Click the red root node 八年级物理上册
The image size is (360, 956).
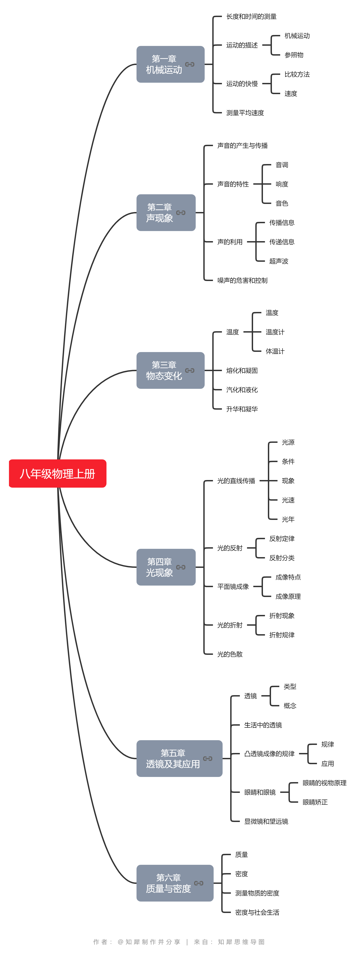(x=58, y=474)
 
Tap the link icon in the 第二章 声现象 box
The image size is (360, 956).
(x=181, y=213)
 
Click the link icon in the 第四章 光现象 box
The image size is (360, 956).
(x=181, y=567)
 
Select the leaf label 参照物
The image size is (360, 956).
(x=294, y=55)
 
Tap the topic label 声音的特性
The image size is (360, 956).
(x=233, y=184)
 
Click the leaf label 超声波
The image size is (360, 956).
(x=279, y=261)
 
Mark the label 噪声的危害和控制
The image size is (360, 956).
(x=242, y=281)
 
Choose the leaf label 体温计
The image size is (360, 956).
(x=275, y=351)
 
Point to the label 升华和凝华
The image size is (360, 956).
(x=242, y=409)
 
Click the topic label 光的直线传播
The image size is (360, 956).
(x=236, y=481)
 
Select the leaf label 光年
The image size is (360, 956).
(x=288, y=519)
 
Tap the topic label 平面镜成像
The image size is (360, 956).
(x=233, y=586)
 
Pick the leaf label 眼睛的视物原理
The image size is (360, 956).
(x=324, y=783)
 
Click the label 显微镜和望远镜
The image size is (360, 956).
(x=266, y=822)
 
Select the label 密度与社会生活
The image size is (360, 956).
(x=257, y=912)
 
